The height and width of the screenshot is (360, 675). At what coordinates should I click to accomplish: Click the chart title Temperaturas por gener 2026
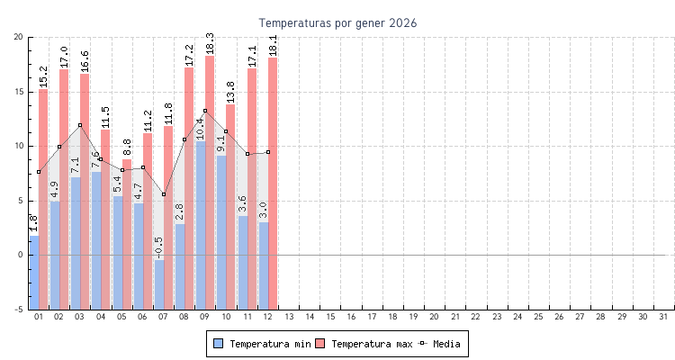click(x=337, y=22)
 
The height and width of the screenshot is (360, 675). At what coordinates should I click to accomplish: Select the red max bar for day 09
click(x=210, y=180)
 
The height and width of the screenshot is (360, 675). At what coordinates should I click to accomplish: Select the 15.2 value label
click(x=43, y=76)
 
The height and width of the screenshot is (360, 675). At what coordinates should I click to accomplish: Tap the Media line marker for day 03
click(x=80, y=125)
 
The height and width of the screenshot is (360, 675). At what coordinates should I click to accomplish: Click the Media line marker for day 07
click(x=164, y=194)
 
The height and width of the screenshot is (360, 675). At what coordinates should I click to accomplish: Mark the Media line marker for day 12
click(x=268, y=152)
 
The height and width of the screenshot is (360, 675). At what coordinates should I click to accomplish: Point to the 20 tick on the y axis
click(x=19, y=37)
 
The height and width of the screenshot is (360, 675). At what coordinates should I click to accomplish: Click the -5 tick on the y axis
click(x=19, y=310)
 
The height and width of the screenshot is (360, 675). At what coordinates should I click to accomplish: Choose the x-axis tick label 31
click(x=664, y=318)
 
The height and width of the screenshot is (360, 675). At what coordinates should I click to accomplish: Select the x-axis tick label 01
click(x=39, y=318)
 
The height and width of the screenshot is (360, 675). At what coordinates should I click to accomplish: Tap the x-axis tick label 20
click(x=435, y=318)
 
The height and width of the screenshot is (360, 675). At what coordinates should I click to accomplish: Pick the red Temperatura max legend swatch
click(x=320, y=344)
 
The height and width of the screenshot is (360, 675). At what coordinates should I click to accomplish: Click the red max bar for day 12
click(x=273, y=180)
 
